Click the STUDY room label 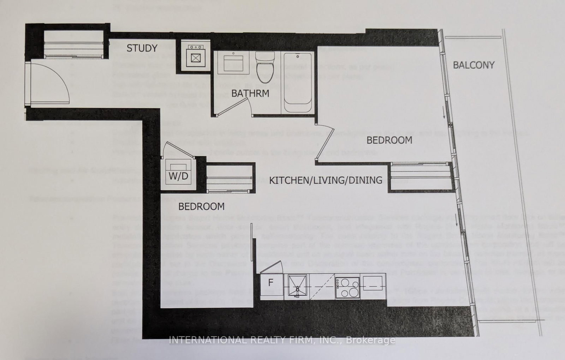click(142, 48)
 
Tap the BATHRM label click(250, 94)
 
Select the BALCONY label click(474, 65)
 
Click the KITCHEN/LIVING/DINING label click(326, 180)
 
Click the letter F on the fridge click(271, 283)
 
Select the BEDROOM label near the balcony click(389, 140)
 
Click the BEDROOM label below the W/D click(201, 206)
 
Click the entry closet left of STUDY click(73, 44)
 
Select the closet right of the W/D click(229, 178)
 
